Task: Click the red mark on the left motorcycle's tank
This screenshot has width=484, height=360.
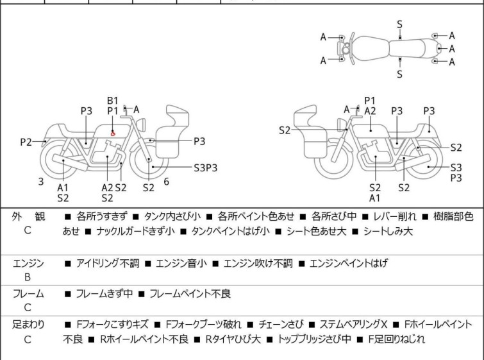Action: click(x=113, y=133)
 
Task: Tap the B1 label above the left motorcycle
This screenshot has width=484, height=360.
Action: click(x=113, y=100)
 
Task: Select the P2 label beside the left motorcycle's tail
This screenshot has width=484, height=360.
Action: click(x=26, y=142)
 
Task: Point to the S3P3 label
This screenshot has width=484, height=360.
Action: click(x=206, y=167)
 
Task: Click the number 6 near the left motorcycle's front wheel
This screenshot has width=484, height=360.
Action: click(x=166, y=182)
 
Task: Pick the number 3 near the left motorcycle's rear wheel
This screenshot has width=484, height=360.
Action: click(x=41, y=182)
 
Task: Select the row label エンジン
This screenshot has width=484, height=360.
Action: click(x=28, y=263)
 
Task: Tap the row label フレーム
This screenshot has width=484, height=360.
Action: click(x=28, y=294)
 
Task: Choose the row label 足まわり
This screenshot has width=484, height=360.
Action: click(x=28, y=325)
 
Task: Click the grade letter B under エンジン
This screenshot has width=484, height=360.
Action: click(x=28, y=278)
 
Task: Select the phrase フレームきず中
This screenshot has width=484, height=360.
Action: click(x=104, y=294)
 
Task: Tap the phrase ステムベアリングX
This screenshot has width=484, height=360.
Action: click(x=346, y=325)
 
